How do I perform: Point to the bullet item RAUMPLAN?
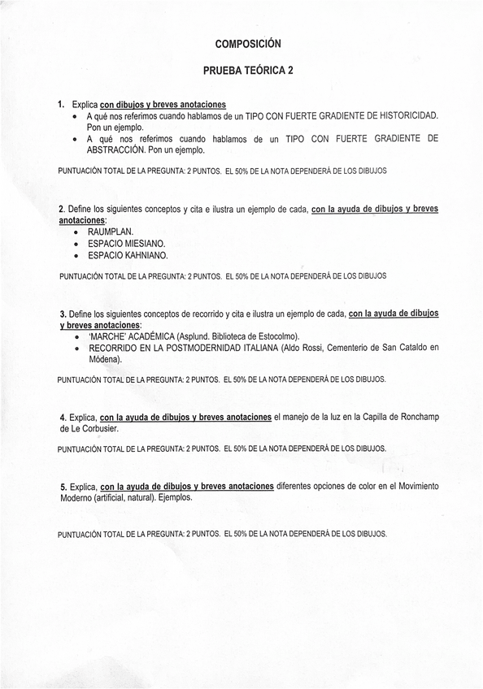tap(111, 232)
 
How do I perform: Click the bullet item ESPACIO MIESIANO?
tap(126, 243)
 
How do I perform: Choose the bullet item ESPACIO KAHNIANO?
tap(128, 254)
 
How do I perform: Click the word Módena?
tap(103, 359)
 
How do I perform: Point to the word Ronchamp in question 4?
tap(418, 417)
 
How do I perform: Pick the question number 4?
tap(62, 418)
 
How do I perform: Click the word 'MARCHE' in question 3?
tap(106, 336)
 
